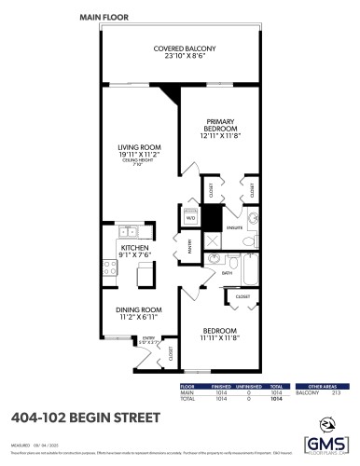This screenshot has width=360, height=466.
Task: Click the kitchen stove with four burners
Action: [x=109, y=268]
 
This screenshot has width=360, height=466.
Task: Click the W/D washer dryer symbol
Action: [x=190, y=219]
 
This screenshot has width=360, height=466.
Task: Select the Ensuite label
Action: [x=236, y=226]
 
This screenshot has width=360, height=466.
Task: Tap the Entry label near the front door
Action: [x=147, y=338]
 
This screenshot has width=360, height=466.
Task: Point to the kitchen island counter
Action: [x=144, y=275]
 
